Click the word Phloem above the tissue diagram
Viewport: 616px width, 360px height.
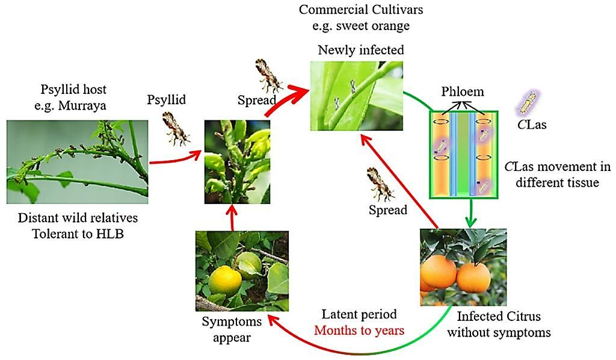[x=463, y=92]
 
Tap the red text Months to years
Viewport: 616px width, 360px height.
[x=359, y=330]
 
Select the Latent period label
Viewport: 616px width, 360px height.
[x=359, y=314]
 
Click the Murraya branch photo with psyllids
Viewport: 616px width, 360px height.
[x=78, y=162]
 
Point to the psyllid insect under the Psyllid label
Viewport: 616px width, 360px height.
[x=176, y=128]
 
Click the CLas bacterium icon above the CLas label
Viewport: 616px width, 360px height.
[x=529, y=103]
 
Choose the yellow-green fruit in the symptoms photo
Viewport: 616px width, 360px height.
[x=225, y=280]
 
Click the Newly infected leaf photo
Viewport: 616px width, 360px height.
[x=356, y=96]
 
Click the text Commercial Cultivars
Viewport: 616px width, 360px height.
[x=361, y=10]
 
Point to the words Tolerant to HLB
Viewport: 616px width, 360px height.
[x=78, y=234]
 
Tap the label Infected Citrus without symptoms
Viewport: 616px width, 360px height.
[x=499, y=324]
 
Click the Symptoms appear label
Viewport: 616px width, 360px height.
[x=232, y=329]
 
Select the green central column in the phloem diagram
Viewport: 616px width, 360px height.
[x=464, y=154]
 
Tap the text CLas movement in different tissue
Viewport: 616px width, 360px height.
[x=558, y=175]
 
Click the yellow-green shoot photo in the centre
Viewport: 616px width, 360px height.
[x=237, y=162]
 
